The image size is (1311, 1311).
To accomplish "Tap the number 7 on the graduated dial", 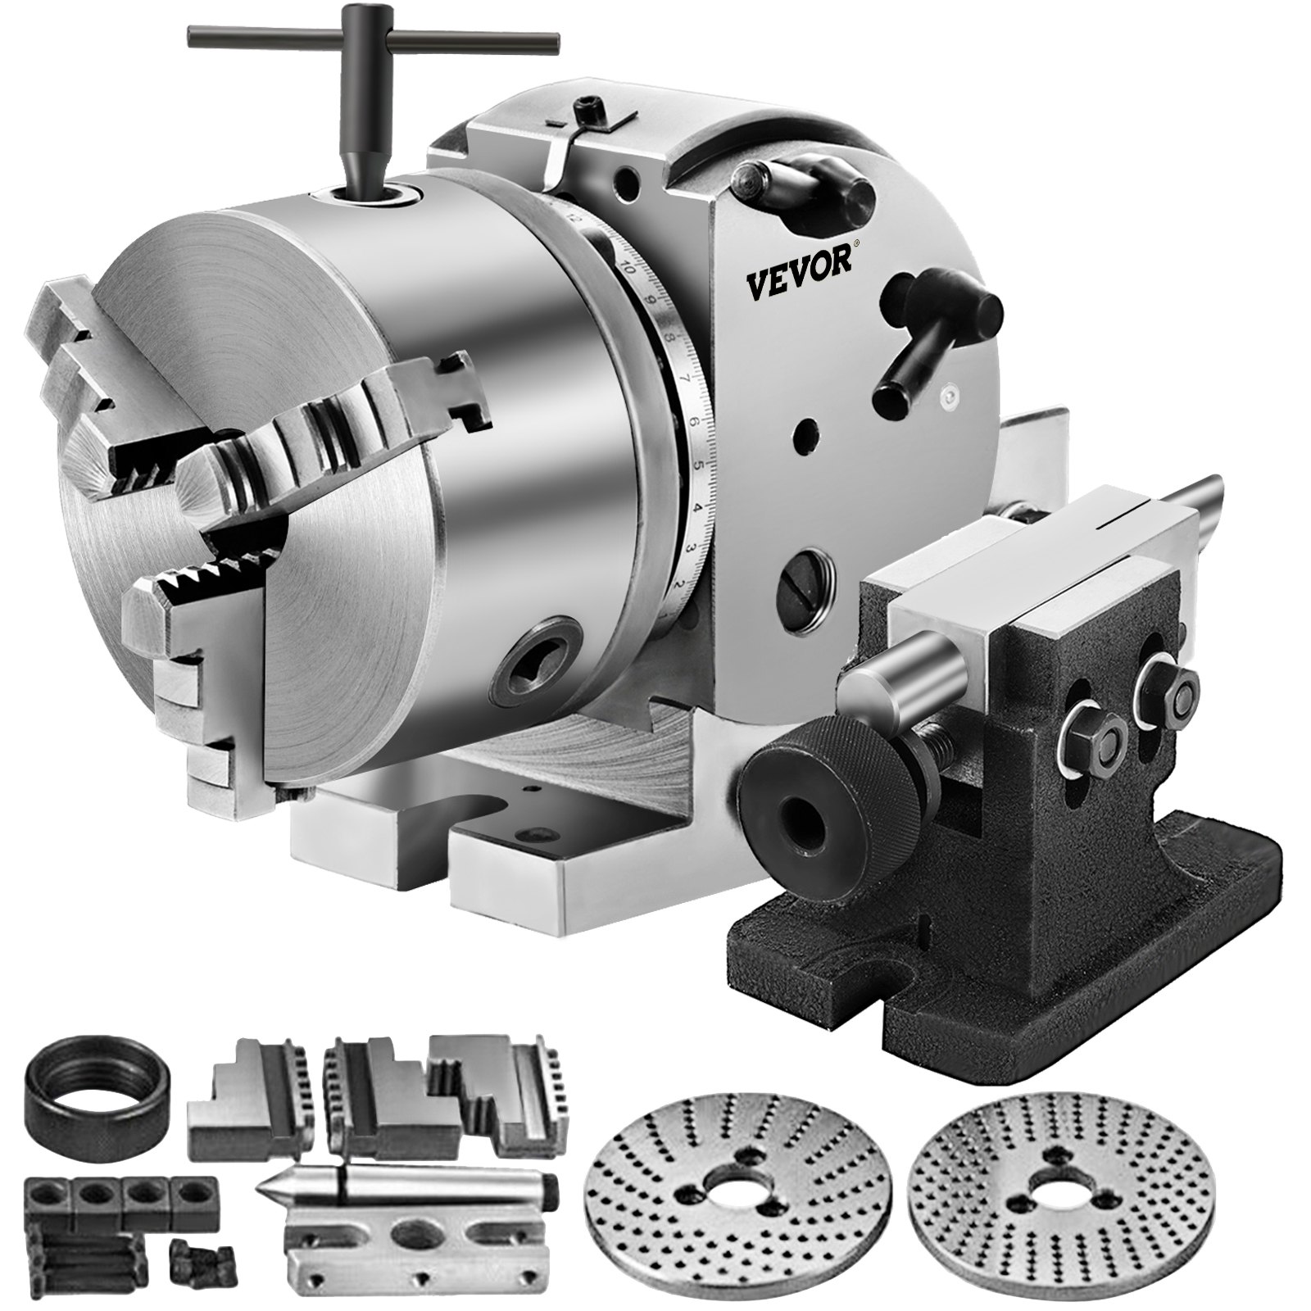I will [x=684, y=379].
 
